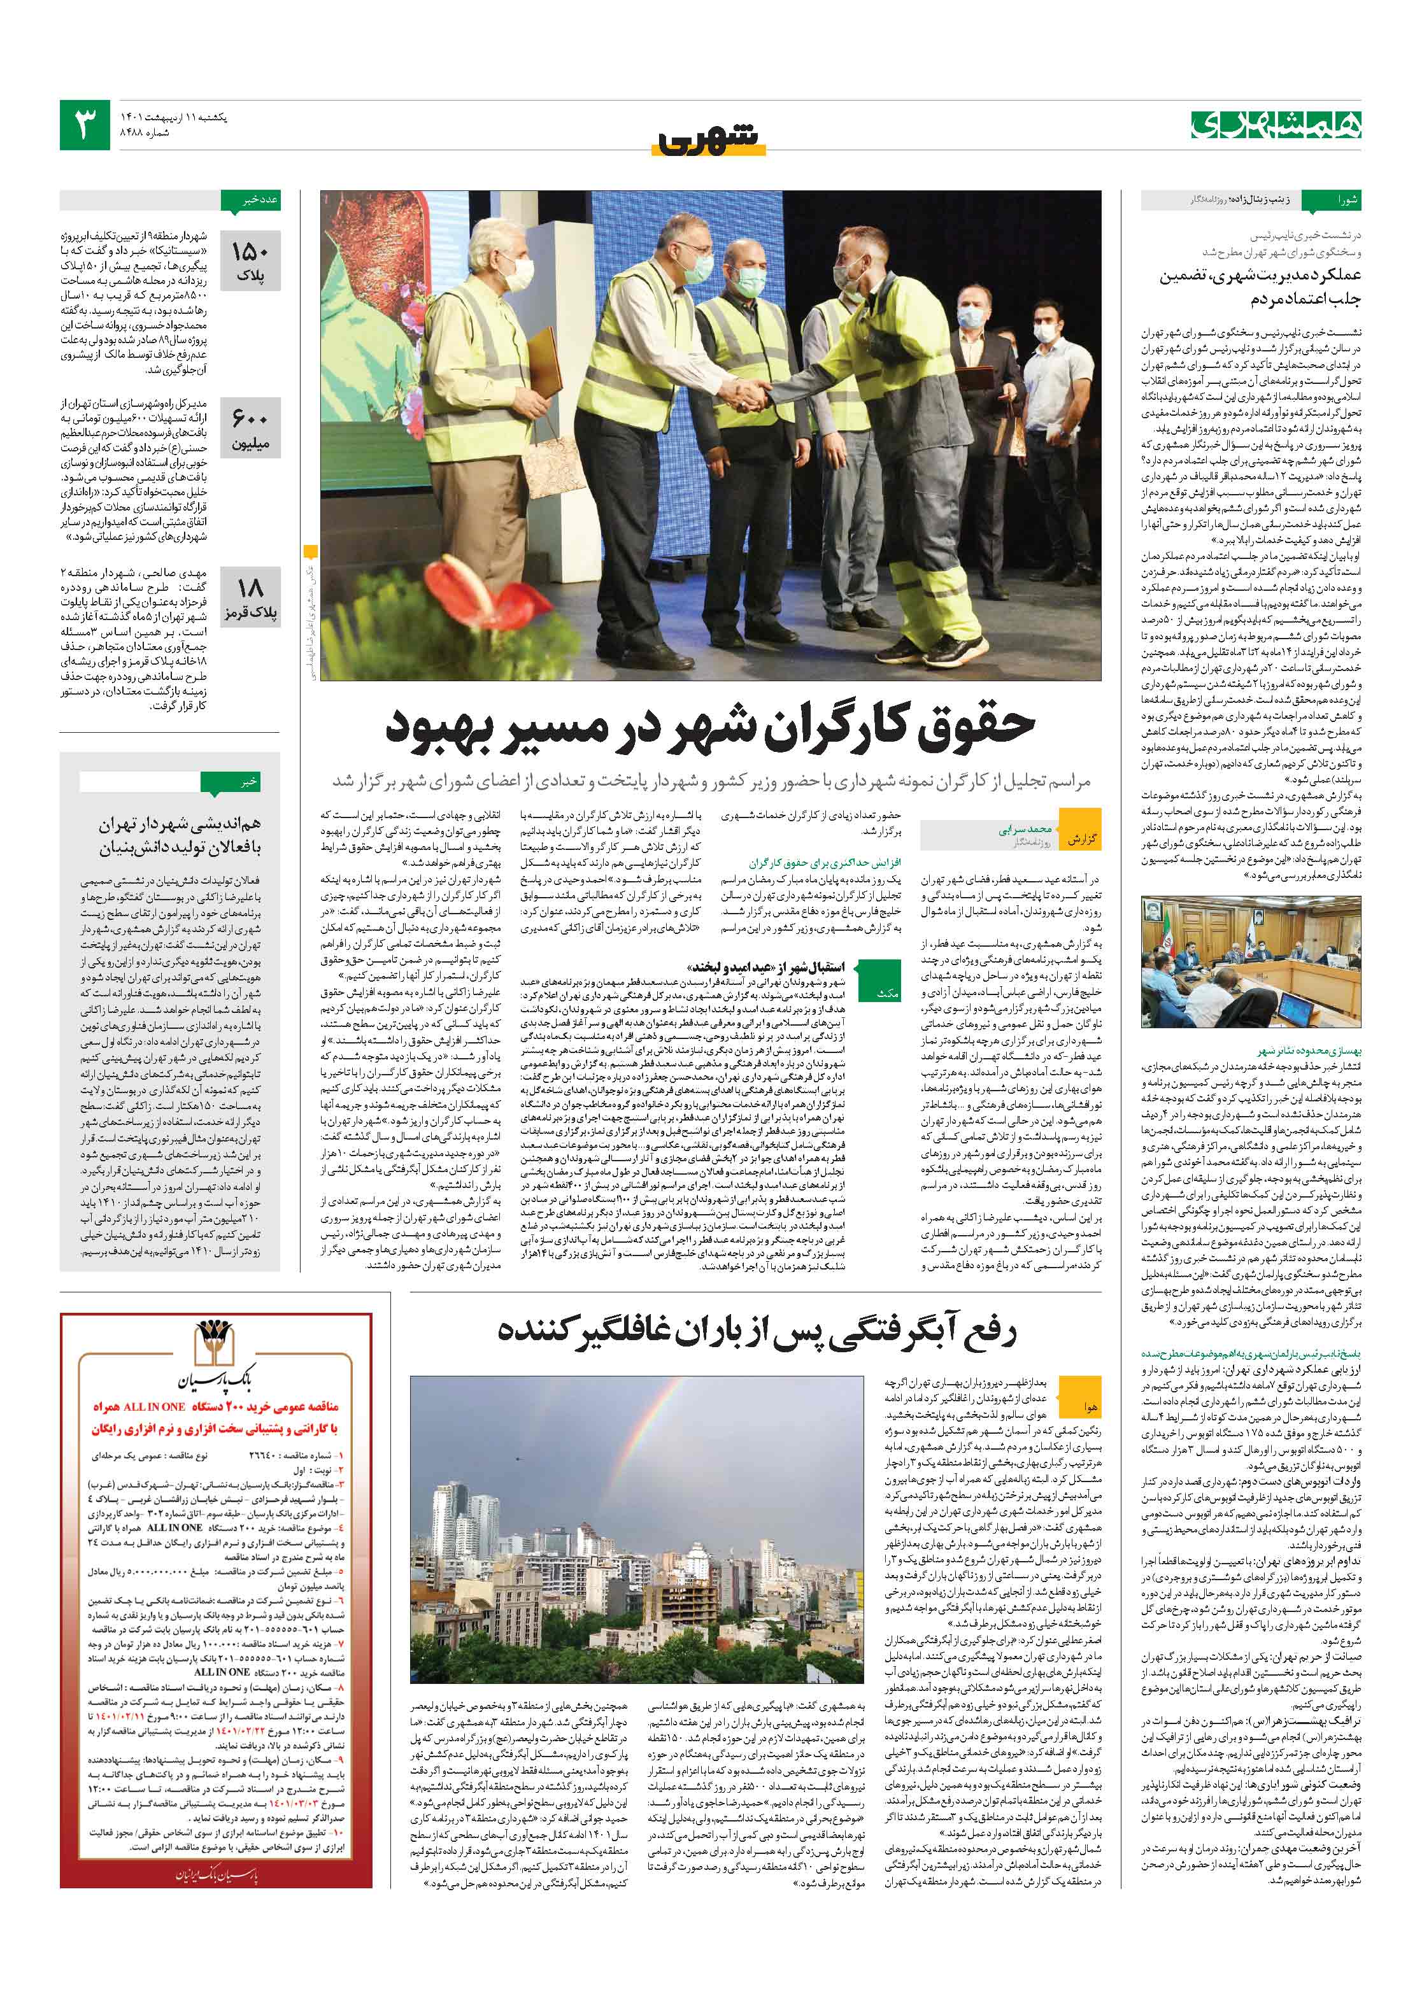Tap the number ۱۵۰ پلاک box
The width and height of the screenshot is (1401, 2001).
[250, 260]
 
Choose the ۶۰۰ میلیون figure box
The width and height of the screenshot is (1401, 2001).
[250, 429]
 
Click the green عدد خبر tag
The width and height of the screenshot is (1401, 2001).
[250, 201]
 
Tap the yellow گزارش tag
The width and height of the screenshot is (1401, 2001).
[1081, 839]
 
